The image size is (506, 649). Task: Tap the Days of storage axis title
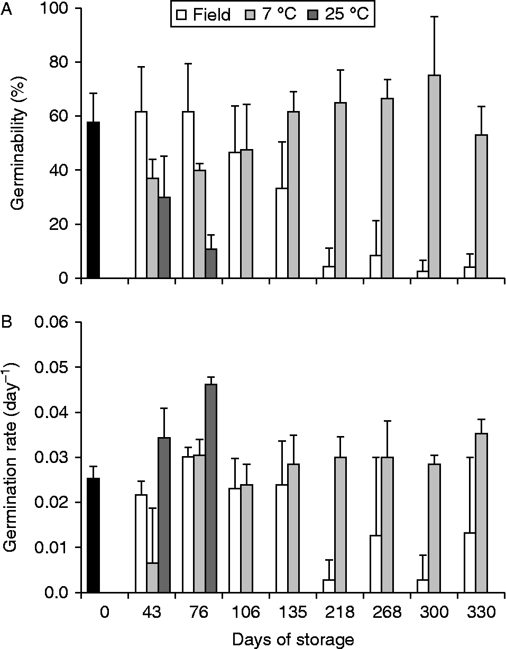[x=292, y=640]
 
